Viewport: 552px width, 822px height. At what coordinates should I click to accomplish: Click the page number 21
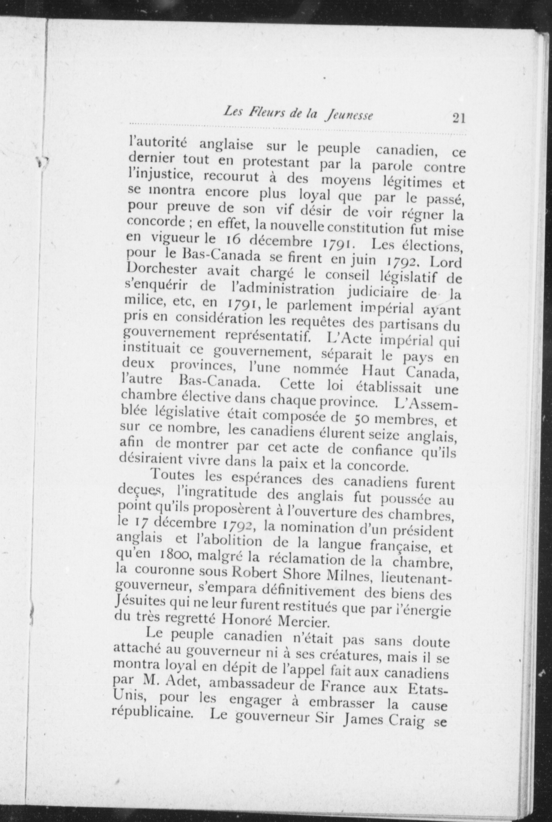tap(459, 118)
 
